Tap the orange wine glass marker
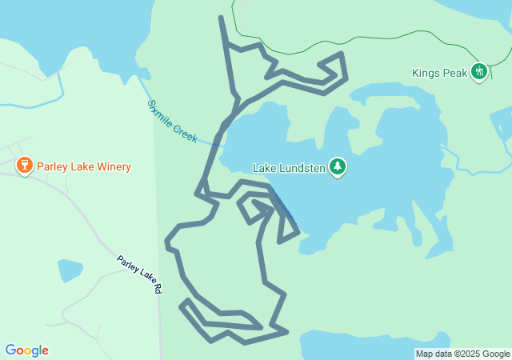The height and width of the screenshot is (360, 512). [24, 166]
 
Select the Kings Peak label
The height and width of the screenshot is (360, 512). [439, 73]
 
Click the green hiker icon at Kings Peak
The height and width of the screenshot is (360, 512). [478, 72]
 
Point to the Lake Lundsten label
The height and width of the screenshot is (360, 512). [287, 168]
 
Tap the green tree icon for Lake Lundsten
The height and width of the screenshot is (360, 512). [338, 167]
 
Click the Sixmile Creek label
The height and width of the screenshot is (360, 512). [172, 122]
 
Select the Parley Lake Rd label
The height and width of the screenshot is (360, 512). [139, 274]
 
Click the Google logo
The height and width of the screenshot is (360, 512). [26, 350]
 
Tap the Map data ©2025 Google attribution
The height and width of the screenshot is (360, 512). [462, 354]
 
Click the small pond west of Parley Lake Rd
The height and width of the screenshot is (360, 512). [70, 270]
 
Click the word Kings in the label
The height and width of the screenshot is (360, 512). [426, 73]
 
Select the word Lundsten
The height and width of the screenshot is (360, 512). [305, 168]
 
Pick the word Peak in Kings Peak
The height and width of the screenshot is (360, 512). [454, 73]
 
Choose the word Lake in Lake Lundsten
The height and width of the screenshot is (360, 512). [265, 168]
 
